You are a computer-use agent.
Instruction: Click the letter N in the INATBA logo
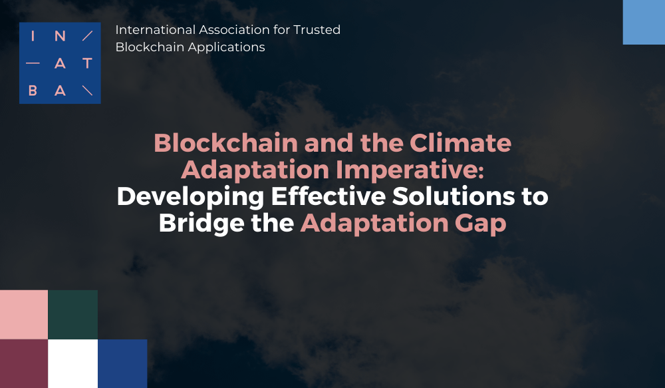pos(61,36)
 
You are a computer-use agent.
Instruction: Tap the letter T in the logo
pos(87,63)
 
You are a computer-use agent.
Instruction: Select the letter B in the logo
pos(33,91)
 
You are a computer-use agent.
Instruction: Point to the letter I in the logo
pos(33,36)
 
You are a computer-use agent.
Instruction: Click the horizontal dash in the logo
pos(33,63)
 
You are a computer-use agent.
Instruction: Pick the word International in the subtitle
pos(155,30)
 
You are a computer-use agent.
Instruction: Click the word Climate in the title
pos(460,143)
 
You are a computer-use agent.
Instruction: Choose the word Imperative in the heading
pos(410,170)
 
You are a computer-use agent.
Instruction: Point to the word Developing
pos(190,197)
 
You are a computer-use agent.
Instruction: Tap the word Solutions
pos(453,196)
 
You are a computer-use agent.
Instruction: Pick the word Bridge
pos(201,224)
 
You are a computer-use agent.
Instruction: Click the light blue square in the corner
pos(644,22)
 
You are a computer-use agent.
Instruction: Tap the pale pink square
pos(24,315)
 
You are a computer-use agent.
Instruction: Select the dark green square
pos(73,315)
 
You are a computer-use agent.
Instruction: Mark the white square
pos(73,364)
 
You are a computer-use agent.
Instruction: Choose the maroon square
pos(24,364)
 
